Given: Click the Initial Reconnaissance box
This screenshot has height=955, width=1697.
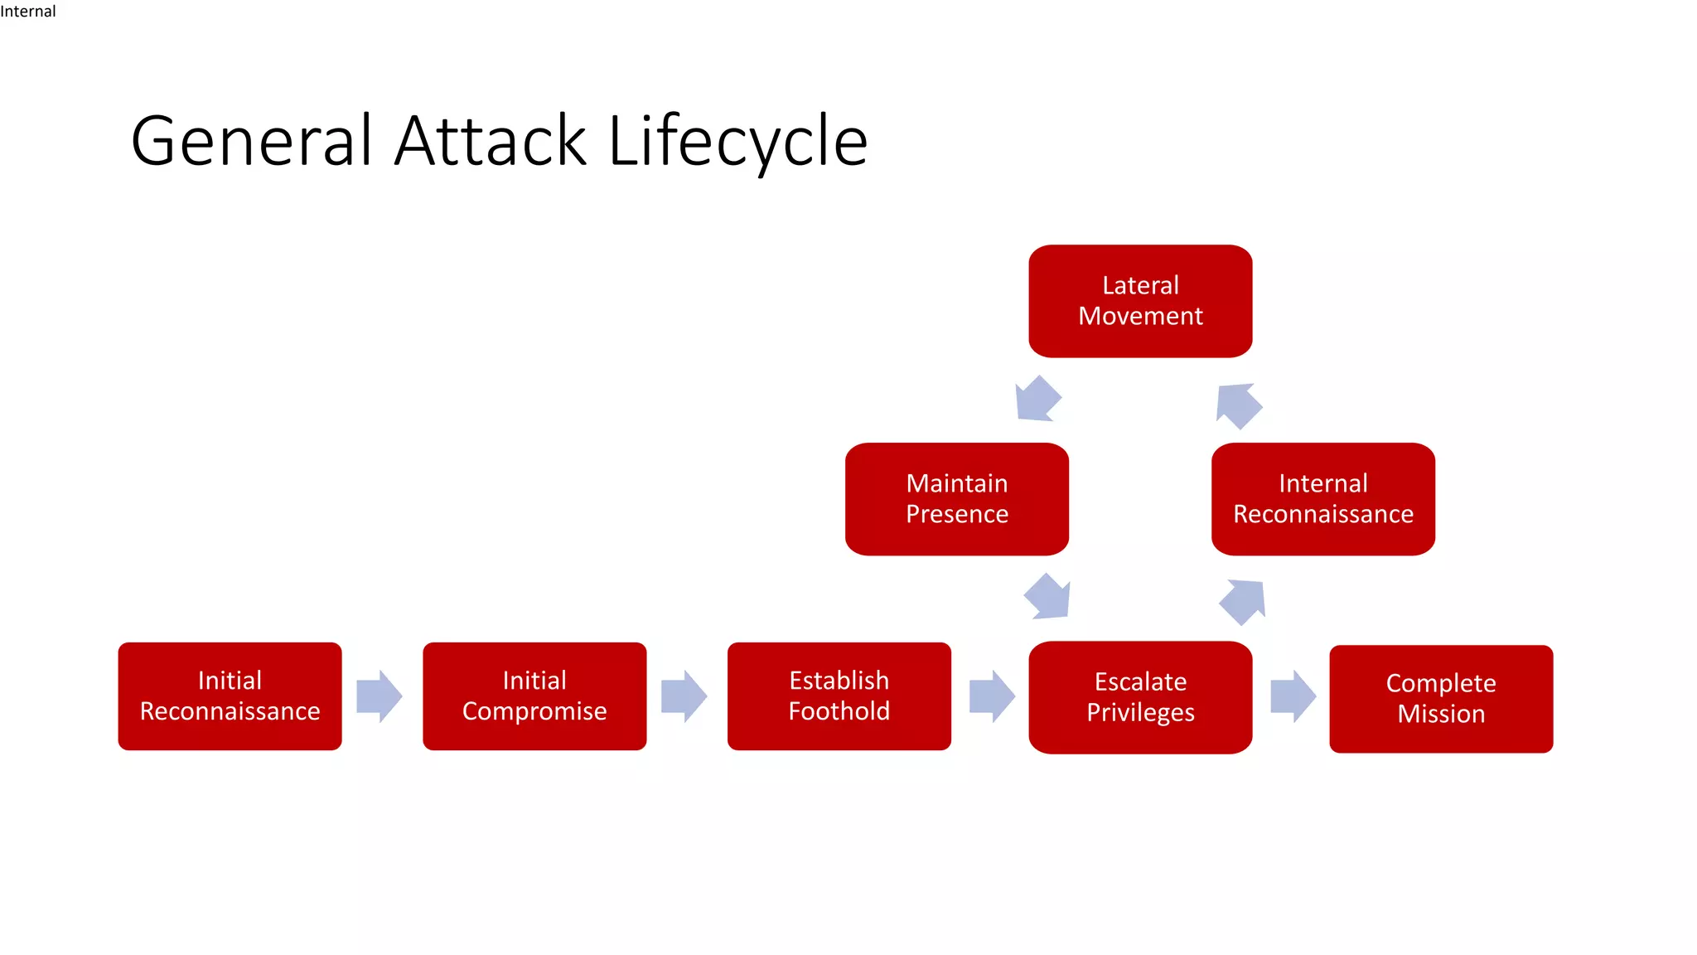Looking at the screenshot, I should tap(230, 696).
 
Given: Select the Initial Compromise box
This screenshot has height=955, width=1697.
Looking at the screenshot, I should tap(534, 696).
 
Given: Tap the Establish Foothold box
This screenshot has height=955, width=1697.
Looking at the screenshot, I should tap(839, 696).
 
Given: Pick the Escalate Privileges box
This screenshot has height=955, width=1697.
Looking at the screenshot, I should tap(1140, 697).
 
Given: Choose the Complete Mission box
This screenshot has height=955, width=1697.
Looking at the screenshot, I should tap(1441, 699).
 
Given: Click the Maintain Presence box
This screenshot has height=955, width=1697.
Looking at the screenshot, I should tap(957, 499).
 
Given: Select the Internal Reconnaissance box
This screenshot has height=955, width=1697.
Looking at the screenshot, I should tap(1322, 499).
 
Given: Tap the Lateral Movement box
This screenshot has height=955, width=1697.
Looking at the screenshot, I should tap(1140, 301).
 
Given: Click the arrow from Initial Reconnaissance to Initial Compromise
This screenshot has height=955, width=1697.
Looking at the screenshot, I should tap(379, 696).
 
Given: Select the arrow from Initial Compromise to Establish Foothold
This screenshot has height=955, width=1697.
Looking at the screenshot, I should tap(684, 696).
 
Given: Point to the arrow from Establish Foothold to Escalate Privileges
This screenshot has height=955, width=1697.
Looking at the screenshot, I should tap(991, 696).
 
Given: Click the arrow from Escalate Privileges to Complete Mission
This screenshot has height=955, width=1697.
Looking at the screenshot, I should tap(1292, 696).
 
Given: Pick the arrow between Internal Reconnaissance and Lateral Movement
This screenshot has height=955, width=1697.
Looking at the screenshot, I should tap(1238, 405).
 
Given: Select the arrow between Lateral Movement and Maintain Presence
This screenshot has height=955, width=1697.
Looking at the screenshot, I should tap(1037, 399).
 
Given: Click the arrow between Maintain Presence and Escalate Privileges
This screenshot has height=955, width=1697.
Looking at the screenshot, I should tap(1048, 597).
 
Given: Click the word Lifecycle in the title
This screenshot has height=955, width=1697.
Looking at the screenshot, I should tap(737, 141).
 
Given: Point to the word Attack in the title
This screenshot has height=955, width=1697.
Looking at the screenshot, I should tap(491, 141).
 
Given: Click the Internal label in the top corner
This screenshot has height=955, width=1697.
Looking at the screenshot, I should tap(28, 11).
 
